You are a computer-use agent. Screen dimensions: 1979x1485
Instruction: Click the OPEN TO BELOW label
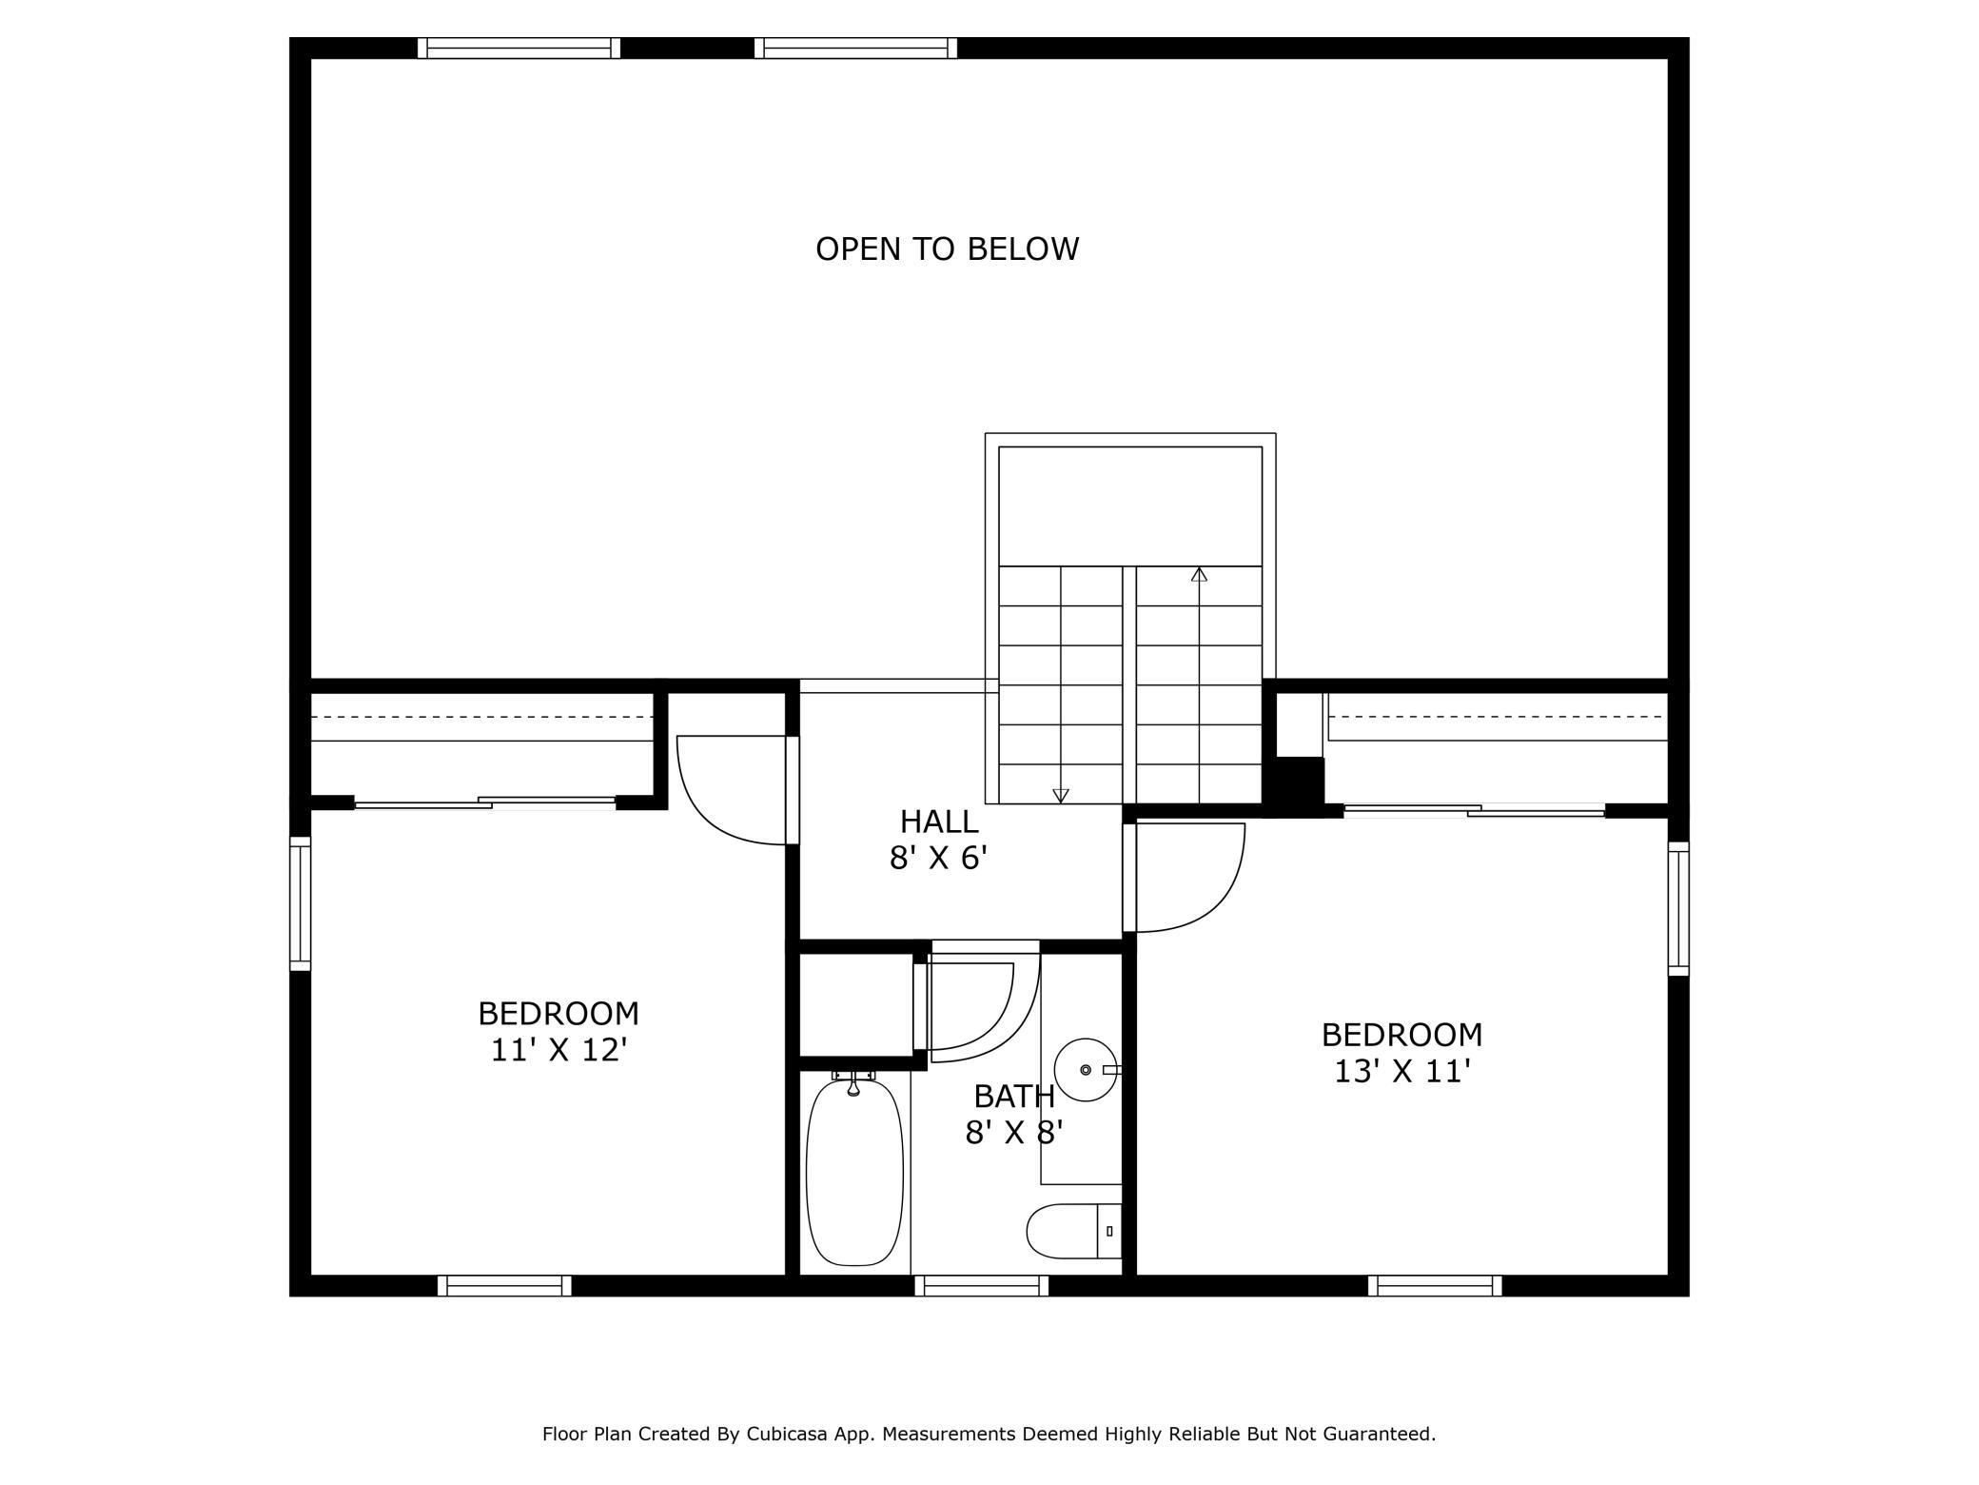coord(947,249)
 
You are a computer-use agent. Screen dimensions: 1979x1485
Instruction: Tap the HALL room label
coord(939,822)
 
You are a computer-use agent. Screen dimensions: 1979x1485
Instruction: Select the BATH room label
coord(1014,1097)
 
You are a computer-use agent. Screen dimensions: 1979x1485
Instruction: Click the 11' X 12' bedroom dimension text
coord(558,1050)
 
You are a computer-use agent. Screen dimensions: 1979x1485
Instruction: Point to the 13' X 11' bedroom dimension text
coord(1402,1072)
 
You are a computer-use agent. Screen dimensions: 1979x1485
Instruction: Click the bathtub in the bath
coord(854,1172)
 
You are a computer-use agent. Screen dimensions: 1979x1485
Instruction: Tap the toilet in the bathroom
coord(1074,1231)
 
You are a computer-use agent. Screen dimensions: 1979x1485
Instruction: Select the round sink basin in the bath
coord(1086,1070)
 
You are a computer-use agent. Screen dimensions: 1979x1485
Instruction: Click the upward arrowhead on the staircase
coord(1199,574)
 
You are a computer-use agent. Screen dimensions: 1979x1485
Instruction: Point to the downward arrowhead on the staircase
coord(1061,796)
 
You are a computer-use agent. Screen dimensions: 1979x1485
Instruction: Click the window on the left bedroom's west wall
coord(300,903)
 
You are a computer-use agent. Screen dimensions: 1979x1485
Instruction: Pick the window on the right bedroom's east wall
coord(1678,908)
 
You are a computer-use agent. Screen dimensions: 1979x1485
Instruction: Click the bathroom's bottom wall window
coord(982,1285)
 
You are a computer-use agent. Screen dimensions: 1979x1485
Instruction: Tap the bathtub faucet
coord(853,1081)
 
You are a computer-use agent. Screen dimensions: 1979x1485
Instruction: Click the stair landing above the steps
coord(1130,506)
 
